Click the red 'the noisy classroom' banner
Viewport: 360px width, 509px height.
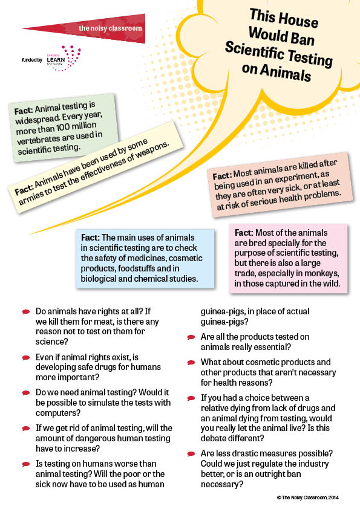click(x=97, y=28)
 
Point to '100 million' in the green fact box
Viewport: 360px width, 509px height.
click(x=77, y=127)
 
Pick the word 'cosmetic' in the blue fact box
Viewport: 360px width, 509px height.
click(x=186, y=258)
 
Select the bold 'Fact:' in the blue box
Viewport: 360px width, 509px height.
click(x=90, y=238)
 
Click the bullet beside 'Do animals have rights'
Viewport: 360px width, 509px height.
click(x=26, y=312)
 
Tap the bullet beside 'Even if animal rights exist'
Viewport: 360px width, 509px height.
click(x=26, y=358)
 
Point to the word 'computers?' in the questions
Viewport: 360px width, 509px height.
click(x=58, y=413)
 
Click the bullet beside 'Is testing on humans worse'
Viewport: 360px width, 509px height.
click(x=26, y=464)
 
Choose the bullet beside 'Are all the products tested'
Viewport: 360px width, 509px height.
click(x=191, y=337)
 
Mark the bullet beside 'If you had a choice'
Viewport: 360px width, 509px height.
click(x=191, y=398)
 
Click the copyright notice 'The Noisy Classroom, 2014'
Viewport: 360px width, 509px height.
click(x=308, y=498)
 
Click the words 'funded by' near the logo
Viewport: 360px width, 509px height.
click(x=32, y=60)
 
